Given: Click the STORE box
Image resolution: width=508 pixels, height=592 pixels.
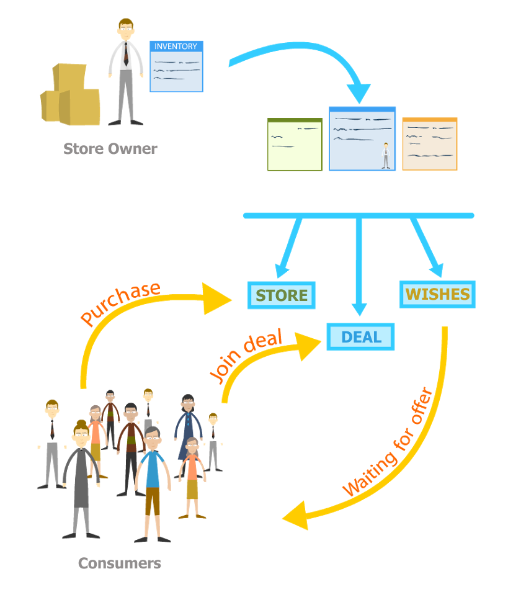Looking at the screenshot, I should [282, 295].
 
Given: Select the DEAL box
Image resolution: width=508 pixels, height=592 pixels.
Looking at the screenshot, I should [361, 337].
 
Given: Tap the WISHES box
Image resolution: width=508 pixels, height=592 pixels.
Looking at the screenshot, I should [437, 294].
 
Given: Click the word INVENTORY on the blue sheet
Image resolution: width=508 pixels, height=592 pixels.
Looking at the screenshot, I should [176, 47].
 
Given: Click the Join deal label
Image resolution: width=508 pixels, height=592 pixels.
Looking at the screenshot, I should [246, 354].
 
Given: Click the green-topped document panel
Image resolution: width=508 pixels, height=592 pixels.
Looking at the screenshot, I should [295, 144].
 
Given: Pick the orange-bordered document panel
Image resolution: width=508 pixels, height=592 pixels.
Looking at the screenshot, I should [430, 144].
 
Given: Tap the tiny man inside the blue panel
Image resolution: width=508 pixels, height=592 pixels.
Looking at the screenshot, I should [386, 156].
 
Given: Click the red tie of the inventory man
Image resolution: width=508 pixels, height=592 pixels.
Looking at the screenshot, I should [127, 56].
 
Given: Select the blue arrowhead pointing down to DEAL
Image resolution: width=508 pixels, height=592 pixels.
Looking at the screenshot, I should [360, 308].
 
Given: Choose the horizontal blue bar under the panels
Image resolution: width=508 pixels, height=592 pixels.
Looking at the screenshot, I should [359, 215].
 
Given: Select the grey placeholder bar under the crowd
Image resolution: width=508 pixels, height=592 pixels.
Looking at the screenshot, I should [120, 563].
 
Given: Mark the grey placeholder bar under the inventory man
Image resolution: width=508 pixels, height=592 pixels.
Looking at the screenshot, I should [110, 148].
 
